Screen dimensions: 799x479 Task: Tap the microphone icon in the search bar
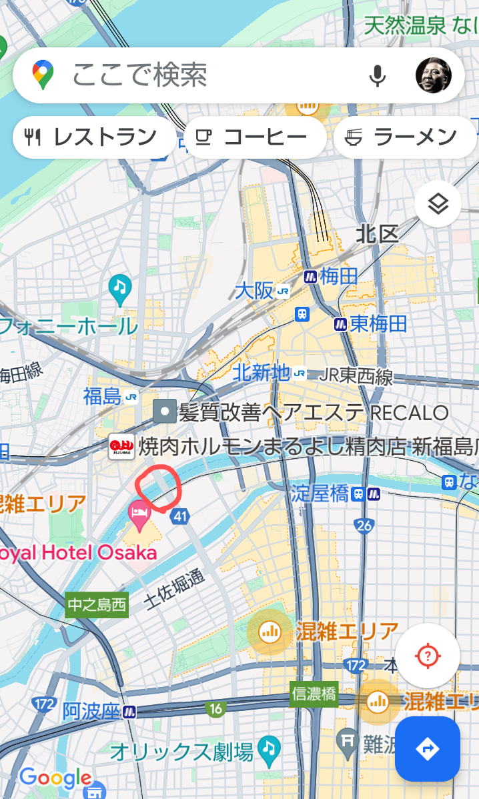point(378,75)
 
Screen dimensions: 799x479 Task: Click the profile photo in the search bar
point(433,75)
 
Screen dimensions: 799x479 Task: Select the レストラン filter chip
point(93,137)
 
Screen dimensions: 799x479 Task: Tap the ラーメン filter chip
point(404,137)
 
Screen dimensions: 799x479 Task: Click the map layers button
point(438,205)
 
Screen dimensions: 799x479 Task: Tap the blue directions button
point(427,749)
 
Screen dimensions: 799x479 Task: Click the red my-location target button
point(428,656)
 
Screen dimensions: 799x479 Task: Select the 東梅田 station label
point(371,324)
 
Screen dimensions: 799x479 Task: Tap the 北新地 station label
point(262,373)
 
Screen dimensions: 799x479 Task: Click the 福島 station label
point(103,396)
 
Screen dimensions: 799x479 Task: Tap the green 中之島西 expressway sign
point(96,606)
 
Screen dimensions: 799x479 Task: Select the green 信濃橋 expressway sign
point(314,695)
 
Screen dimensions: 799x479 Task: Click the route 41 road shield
point(179,515)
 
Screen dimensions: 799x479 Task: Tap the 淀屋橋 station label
point(320,494)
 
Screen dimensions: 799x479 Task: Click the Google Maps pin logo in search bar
point(43,75)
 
